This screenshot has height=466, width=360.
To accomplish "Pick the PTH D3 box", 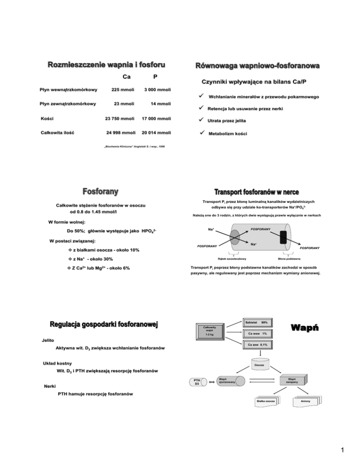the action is (198, 383).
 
